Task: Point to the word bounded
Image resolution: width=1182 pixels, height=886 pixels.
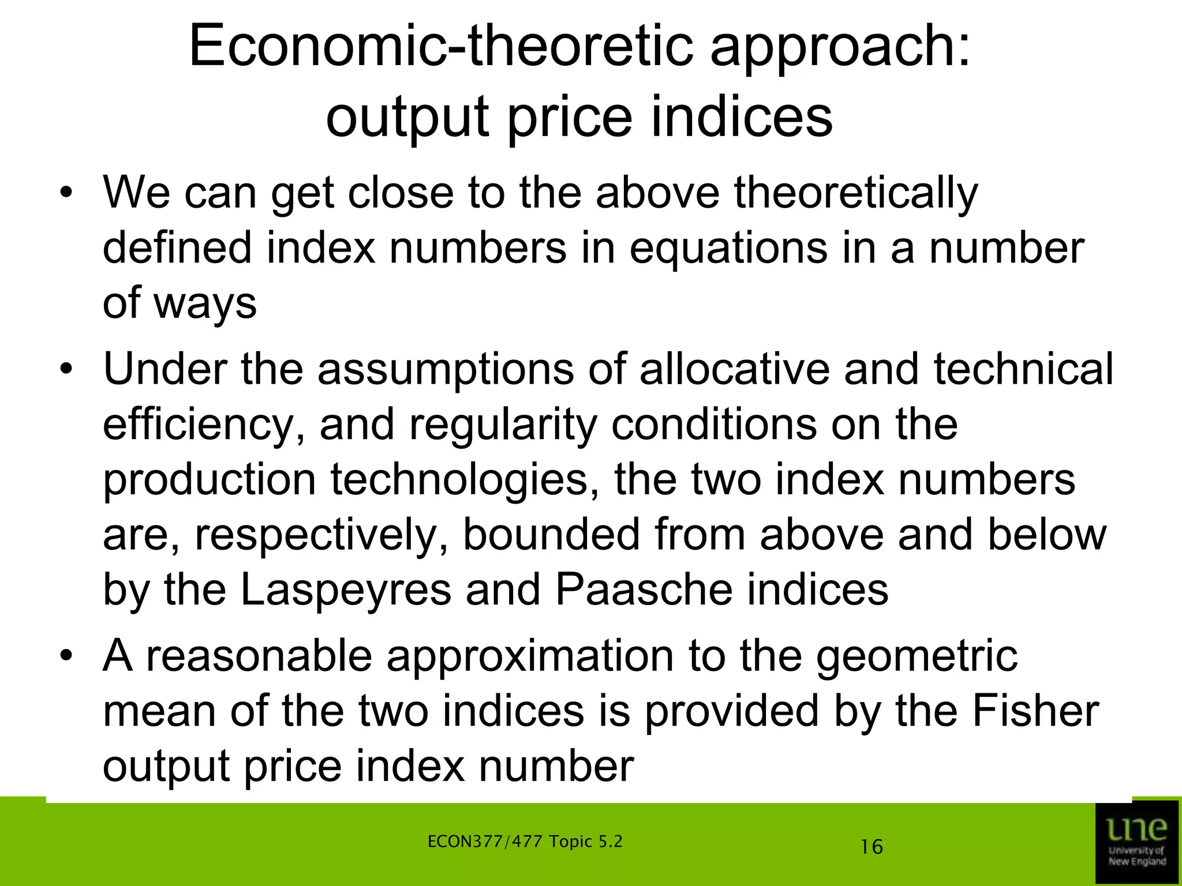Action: (551, 535)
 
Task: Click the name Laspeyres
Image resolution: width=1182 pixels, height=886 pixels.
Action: (346, 591)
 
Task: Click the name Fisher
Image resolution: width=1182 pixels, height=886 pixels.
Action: (1035, 712)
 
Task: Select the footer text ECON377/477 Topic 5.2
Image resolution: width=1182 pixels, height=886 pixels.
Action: (525, 842)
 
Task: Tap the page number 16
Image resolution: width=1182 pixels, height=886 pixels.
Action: (871, 847)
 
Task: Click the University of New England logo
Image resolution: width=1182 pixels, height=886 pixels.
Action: (1136, 842)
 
